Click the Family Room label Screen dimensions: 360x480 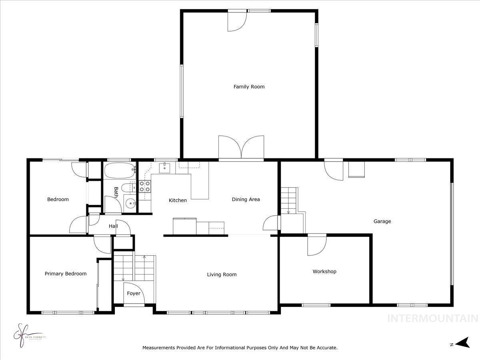tap(249, 86)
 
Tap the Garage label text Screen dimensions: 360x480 tap(382, 221)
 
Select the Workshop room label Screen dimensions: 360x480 tap(324, 272)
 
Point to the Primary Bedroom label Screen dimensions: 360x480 tap(65, 274)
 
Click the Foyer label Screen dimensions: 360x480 tap(134, 294)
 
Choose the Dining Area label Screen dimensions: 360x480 tap(246, 199)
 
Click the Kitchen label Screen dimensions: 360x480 tap(178, 200)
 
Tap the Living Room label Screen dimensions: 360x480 tap(222, 274)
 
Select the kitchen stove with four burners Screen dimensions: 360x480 tap(145, 186)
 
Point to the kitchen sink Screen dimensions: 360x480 tap(164, 168)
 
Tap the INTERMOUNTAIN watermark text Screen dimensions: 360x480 tap(433, 318)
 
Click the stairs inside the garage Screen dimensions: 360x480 tap(288, 200)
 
